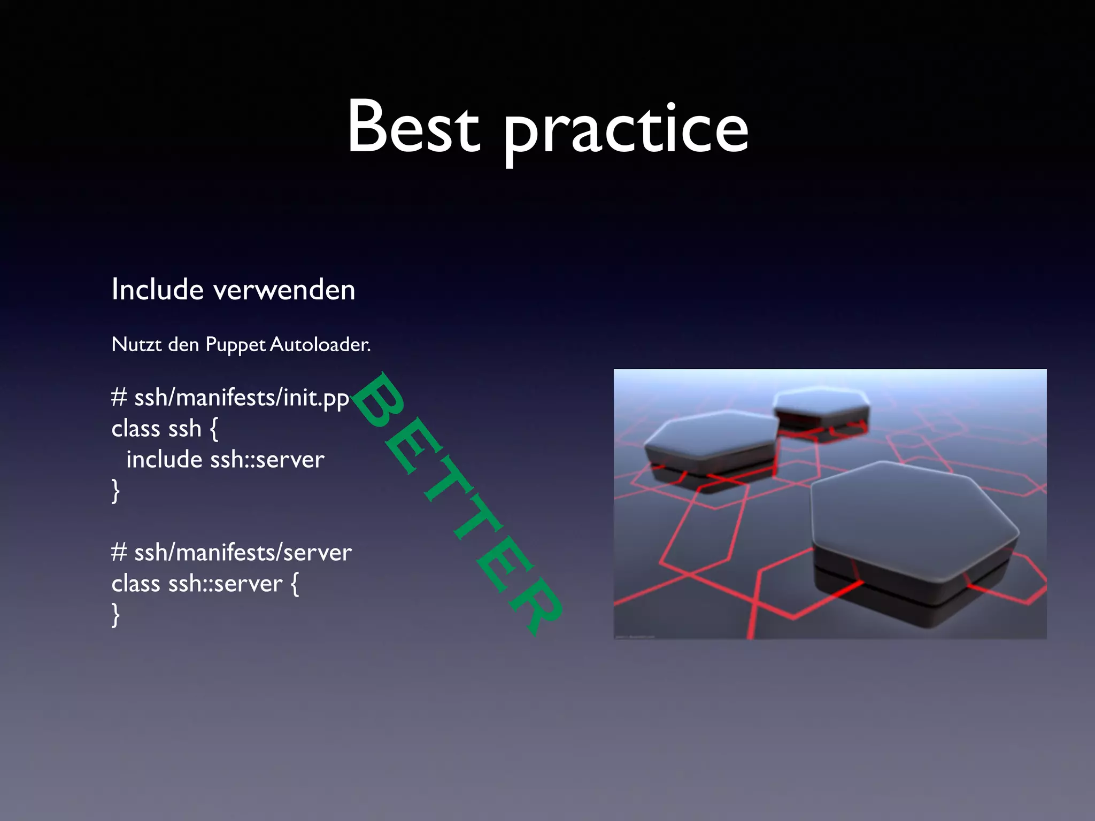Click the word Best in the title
[x=413, y=127]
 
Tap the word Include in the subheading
[x=157, y=290]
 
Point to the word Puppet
[x=235, y=345]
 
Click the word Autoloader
[x=320, y=344]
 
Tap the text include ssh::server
[x=225, y=460]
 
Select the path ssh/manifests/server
[x=243, y=553]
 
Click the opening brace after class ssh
[x=214, y=429]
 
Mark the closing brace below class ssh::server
[x=115, y=615]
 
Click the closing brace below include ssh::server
[x=115, y=491]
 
